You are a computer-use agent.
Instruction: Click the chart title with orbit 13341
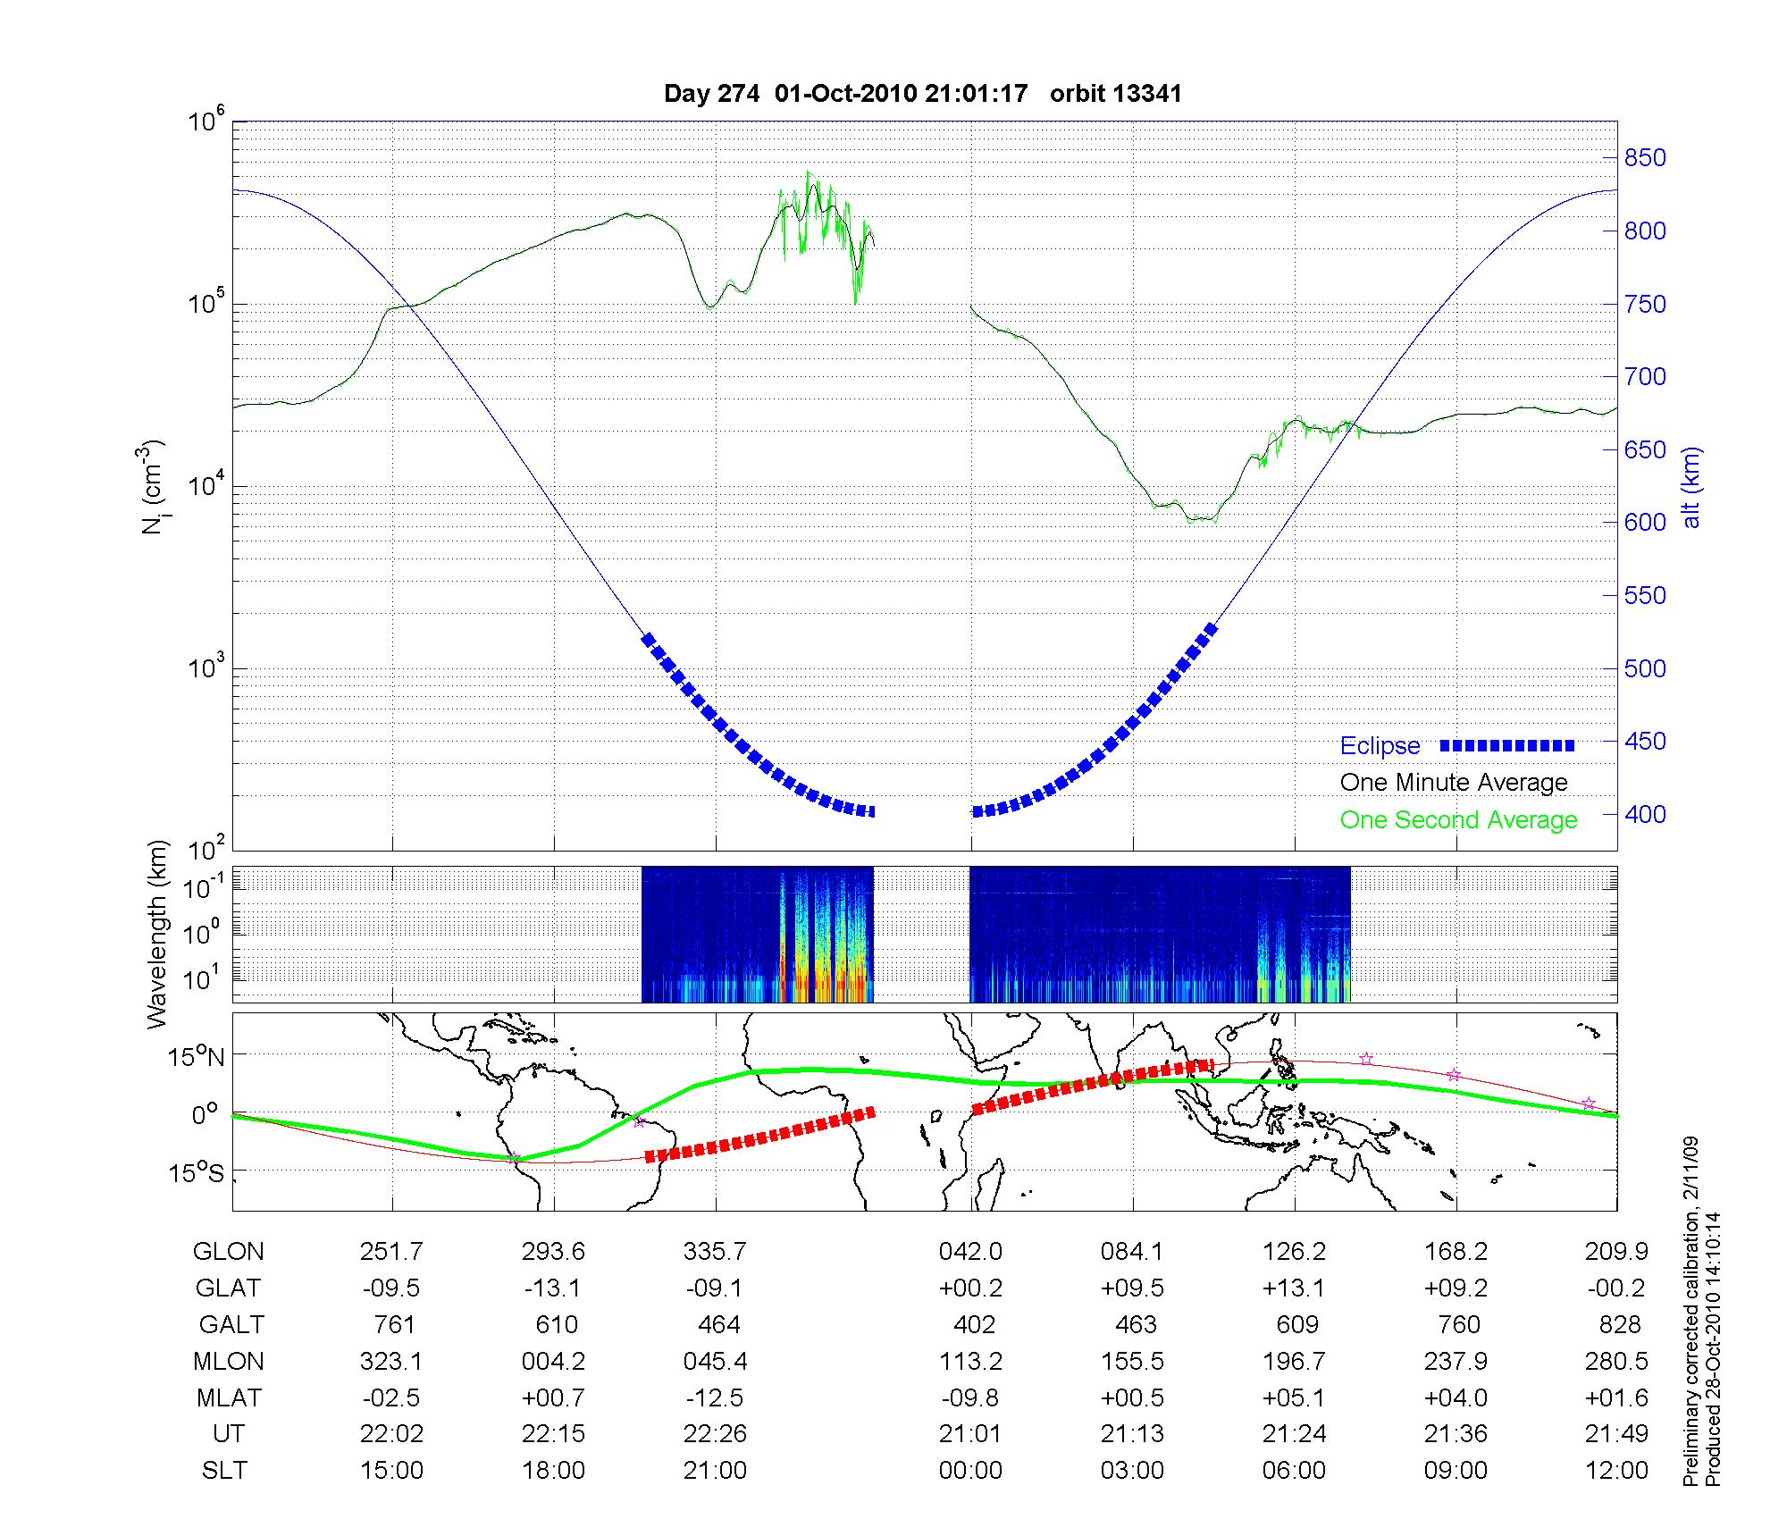(x=922, y=94)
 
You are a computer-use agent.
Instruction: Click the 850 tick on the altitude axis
(x=1645, y=158)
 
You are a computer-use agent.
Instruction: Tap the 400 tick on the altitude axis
(x=1645, y=814)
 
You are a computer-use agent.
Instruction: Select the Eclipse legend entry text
(x=1380, y=745)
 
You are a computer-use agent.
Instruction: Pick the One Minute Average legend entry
(x=1454, y=783)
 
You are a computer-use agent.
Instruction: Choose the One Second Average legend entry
(x=1458, y=820)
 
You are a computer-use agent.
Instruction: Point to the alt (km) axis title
(x=1691, y=487)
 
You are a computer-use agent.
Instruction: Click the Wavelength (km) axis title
(x=157, y=934)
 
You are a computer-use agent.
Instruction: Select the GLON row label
(x=228, y=1252)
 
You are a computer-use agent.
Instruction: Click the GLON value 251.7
(x=391, y=1252)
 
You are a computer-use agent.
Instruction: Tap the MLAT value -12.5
(x=714, y=1397)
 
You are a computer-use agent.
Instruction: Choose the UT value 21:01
(x=970, y=1434)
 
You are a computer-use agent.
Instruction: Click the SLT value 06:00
(x=1294, y=1471)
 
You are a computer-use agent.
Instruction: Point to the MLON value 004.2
(x=553, y=1362)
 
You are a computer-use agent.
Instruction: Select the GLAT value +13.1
(x=1294, y=1288)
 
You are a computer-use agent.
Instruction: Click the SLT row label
(x=224, y=1471)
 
